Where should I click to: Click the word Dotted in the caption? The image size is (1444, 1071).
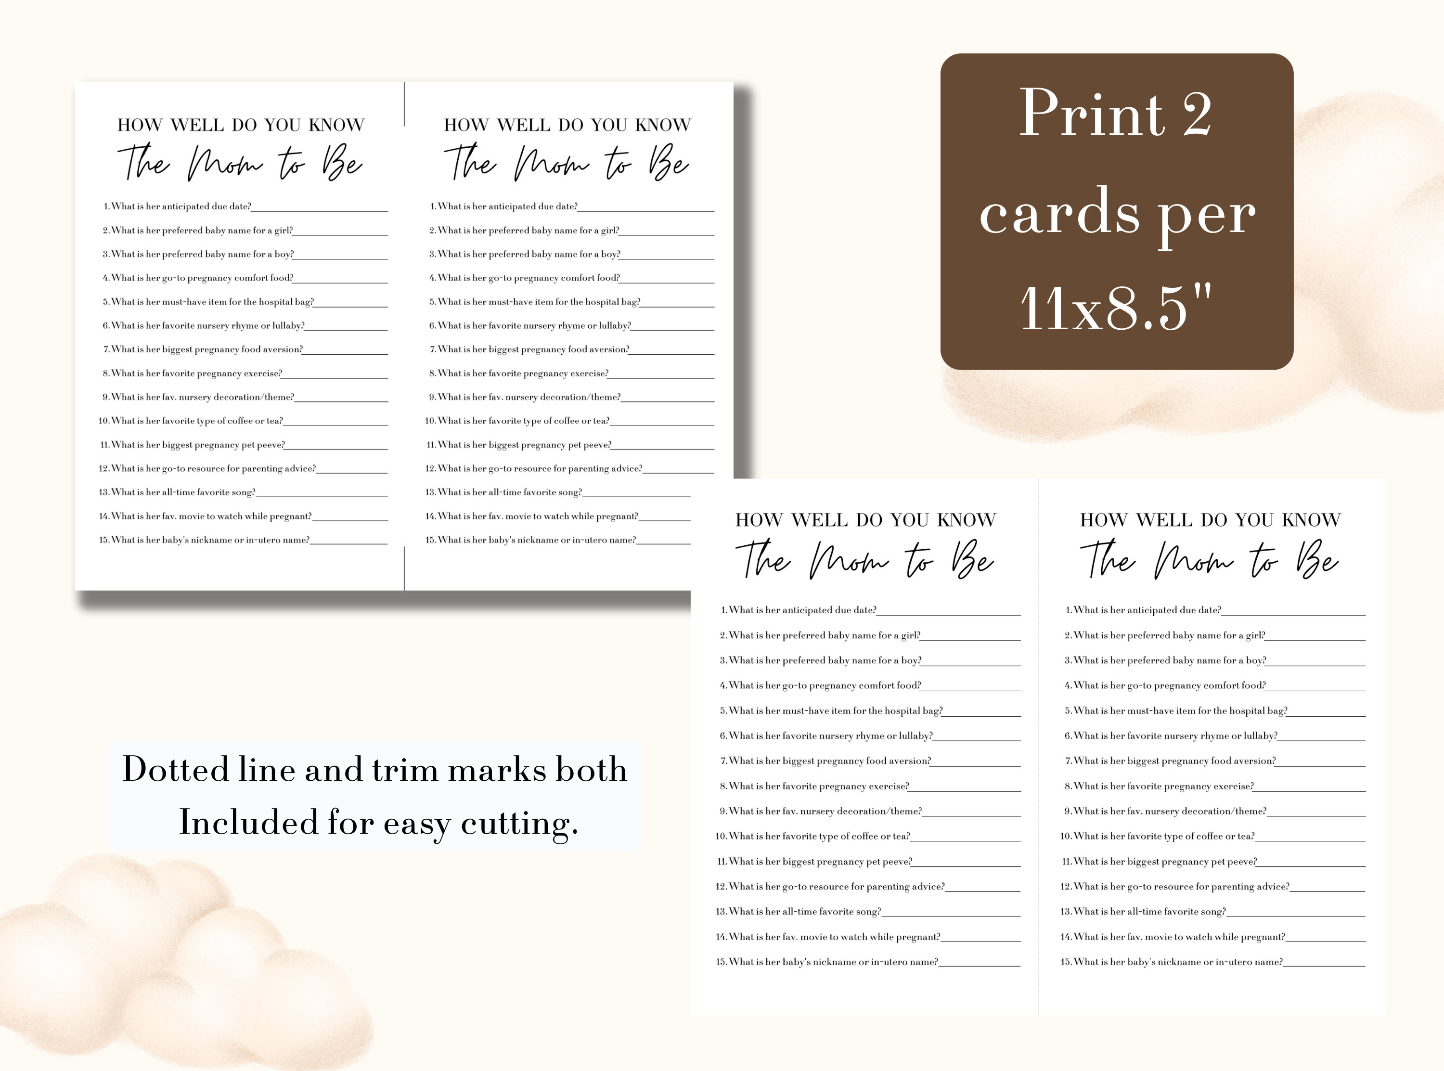point(176,770)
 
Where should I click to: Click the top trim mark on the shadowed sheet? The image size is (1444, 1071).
point(404,103)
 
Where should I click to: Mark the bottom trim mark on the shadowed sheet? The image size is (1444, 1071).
point(404,568)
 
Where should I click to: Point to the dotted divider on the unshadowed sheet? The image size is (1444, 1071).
point(1038,746)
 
